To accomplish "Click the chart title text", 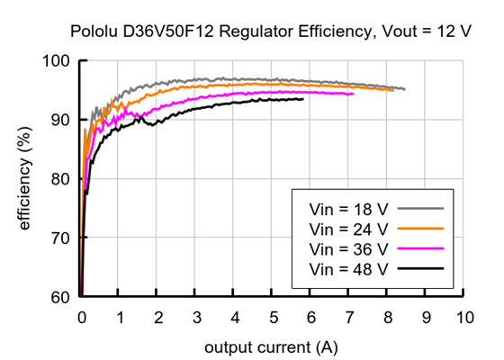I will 270,31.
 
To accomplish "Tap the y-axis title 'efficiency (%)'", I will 26,180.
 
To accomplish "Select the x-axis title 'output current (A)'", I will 271,346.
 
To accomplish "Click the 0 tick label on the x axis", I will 81,317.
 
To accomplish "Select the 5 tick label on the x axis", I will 273,317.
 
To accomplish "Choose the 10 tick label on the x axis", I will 464,317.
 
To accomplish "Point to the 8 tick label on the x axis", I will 388,317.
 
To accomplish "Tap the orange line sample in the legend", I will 423,228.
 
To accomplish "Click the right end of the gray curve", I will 404,89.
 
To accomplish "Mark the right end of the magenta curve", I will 353,94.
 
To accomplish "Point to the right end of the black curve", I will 302,99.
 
